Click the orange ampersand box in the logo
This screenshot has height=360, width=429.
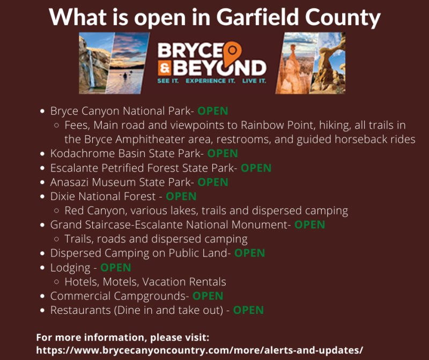(x=165, y=68)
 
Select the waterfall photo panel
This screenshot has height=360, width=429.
(x=95, y=63)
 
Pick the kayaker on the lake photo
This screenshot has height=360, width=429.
(x=125, y=75)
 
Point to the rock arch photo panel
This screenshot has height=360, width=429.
(x=328, y=63)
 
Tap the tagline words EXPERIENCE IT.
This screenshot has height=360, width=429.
(x=210, y=81)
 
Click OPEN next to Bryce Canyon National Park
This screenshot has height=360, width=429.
(x=212, y=111)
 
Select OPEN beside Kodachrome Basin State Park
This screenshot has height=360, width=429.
(x=223, y=153)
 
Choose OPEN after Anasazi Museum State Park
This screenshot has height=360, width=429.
(x=212, y=182)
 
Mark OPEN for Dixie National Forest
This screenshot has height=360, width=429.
(x=181, y=196)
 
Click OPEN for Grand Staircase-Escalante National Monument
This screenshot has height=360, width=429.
(x=310, y=225)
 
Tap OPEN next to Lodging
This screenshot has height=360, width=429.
(x=116, y=268)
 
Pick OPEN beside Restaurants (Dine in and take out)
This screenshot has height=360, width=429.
(x=248, y=310)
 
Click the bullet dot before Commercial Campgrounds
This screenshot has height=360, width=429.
(x=42, y=296)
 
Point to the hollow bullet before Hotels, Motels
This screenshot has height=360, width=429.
(x=57, y=282)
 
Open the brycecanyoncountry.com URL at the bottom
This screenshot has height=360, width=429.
(x=199, y=350)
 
